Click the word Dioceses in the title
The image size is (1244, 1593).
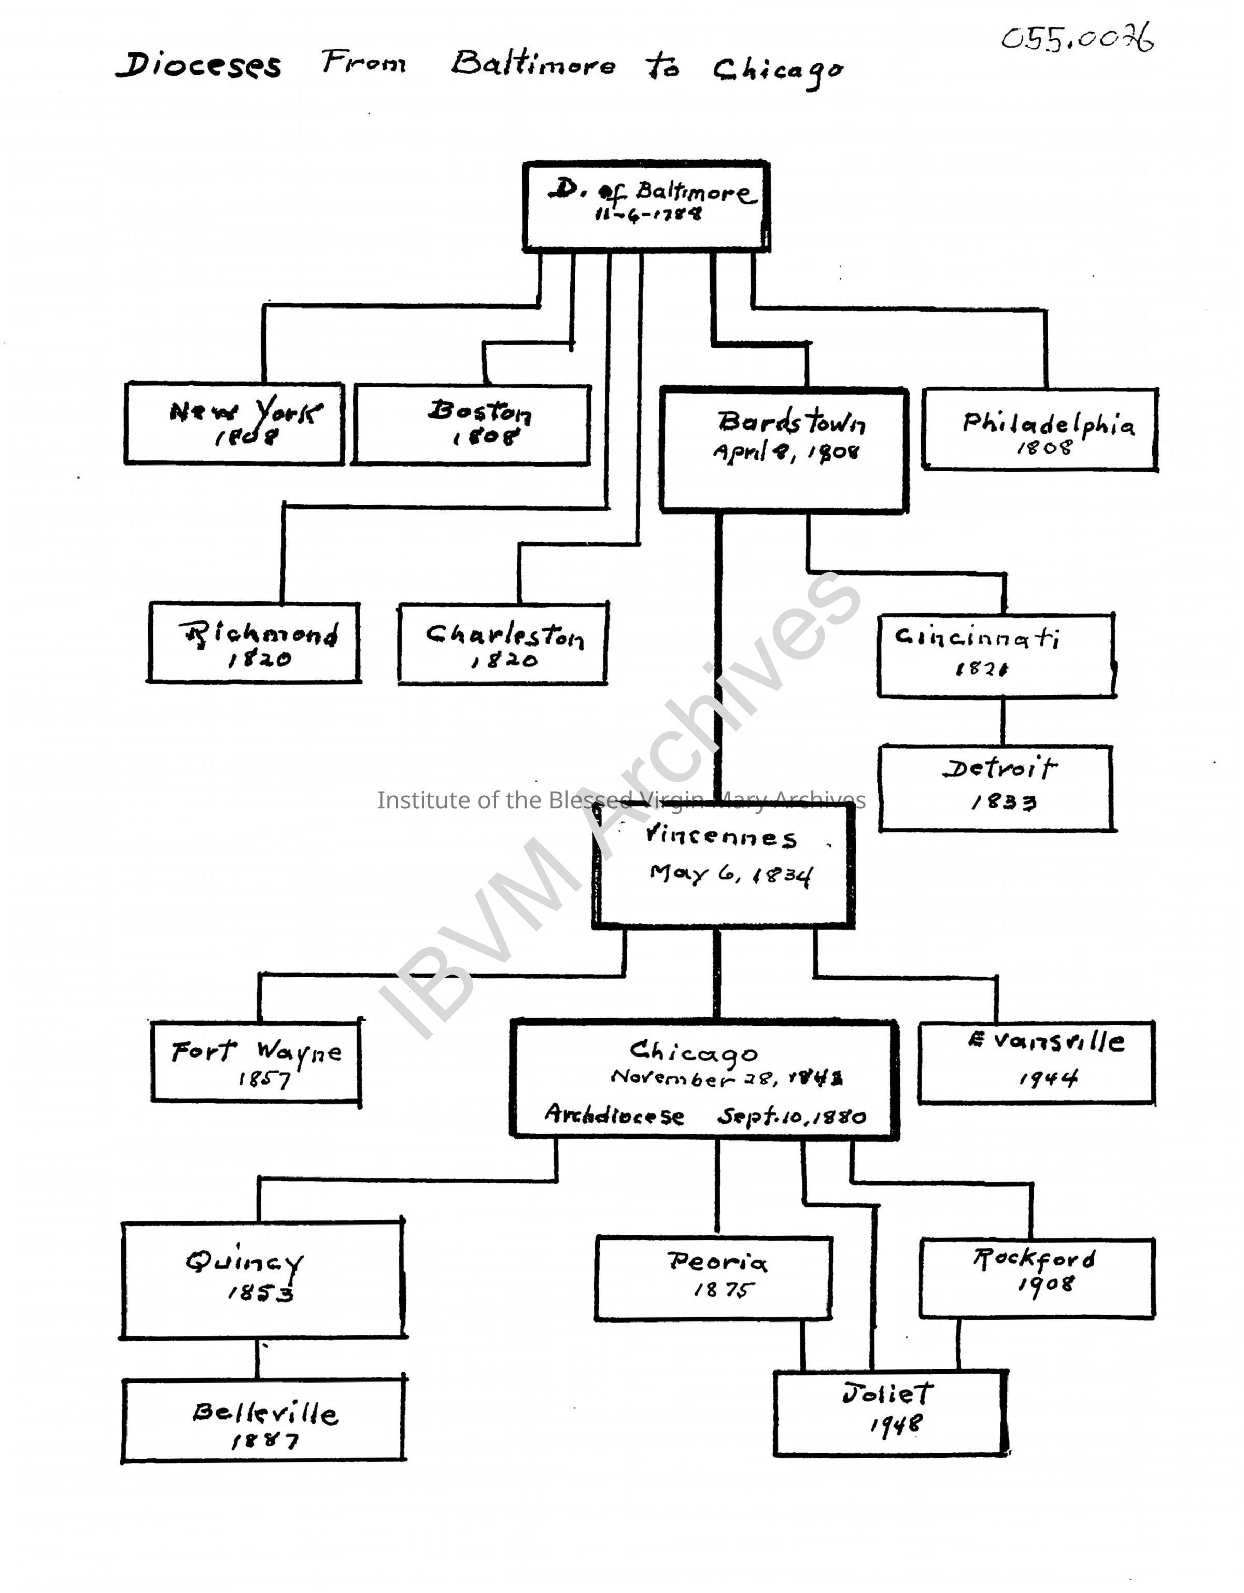(199, 66)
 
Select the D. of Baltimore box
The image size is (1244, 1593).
(646, 206)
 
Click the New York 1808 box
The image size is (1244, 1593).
(234, 423)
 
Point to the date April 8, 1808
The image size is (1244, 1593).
(786, 452)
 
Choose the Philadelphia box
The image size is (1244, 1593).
(1040, 430)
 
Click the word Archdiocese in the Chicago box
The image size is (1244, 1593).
(614, 1115)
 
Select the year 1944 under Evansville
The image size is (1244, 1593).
(1048, 1078)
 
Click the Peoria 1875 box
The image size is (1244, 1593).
(714, 1278)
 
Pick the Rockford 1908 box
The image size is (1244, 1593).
(1037, 1278)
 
